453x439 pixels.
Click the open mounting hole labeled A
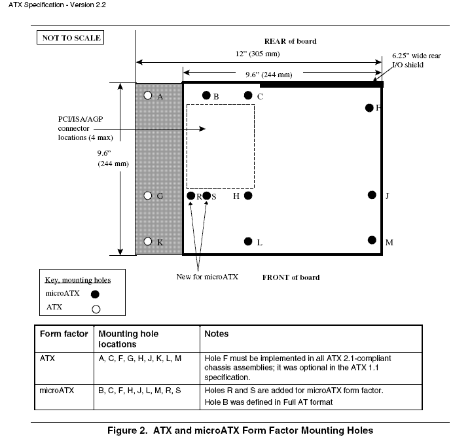click(x=148, y=96)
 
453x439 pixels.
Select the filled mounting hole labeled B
click(x=206, y=96)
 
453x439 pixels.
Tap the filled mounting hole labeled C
click(x=248, y=96)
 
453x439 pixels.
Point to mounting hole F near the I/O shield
click(x=369, y=108)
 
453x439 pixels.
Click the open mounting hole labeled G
click(x=148, y=196)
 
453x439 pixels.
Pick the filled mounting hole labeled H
click(x=248, y=196)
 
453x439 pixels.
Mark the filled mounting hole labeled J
click(x=372, y=195)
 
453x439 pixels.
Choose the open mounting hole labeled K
click(x=148, y=241)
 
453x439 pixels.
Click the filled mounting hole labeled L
click(x=248, y=241)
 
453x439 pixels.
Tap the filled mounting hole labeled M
click(x=372, y=240)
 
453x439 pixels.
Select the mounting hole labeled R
click(x=191, y=196)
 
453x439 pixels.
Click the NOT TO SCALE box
click(x=70, y=37)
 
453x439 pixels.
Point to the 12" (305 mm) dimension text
click(x=258, y=54)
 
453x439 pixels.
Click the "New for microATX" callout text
click(x=208, y=277)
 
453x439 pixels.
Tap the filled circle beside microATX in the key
click(x=95, y=294)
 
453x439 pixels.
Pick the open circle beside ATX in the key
click(x=96, y=309)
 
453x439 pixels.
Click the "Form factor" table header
click(x=64, y=334)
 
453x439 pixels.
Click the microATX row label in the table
click(x=56, y=391)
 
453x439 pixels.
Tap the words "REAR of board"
click(x=291, y=41)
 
